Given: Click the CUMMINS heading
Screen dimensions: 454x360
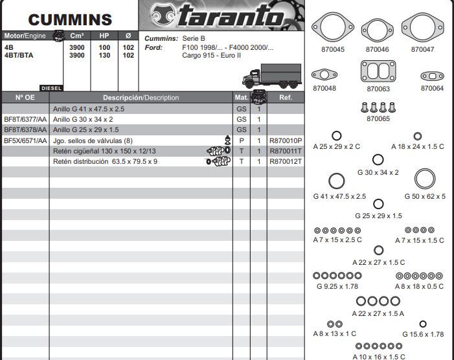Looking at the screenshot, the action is coord(70,19).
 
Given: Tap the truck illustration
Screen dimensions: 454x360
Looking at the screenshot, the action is coord(272,76).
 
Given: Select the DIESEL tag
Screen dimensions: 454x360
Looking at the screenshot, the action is coord(51,88).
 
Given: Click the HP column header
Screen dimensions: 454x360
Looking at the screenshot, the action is coord(104,36).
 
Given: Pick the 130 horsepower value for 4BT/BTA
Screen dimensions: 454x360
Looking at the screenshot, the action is coord(104,55).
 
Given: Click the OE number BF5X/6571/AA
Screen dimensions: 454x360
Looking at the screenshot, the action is coord(25,141).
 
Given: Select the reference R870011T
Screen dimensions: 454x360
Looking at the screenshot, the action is coord(286,151).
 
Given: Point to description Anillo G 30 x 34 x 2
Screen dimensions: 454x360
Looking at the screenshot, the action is coord(83,119).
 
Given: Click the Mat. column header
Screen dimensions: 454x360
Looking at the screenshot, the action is coord(242,98).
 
